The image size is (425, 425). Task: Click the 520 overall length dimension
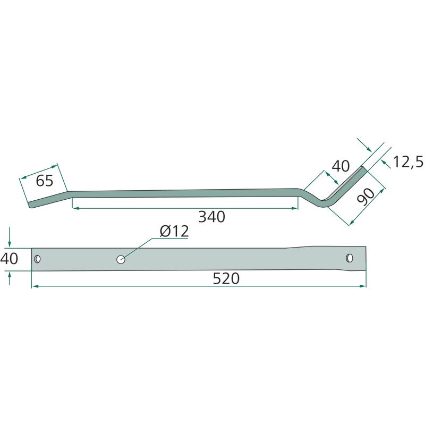click(226, 278)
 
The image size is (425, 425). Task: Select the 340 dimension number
click(211, 217)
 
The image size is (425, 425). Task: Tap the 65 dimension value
click(45, 181)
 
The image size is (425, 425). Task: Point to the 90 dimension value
click(366, 195)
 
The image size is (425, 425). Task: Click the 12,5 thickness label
click(408, 162)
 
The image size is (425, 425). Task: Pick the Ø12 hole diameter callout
click(174, 232)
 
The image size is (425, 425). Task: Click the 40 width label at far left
click(9, 258)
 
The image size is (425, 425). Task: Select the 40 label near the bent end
click(341, 166)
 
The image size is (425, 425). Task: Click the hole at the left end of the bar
click(37, 259)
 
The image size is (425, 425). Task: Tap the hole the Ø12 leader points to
click(121, 260)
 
